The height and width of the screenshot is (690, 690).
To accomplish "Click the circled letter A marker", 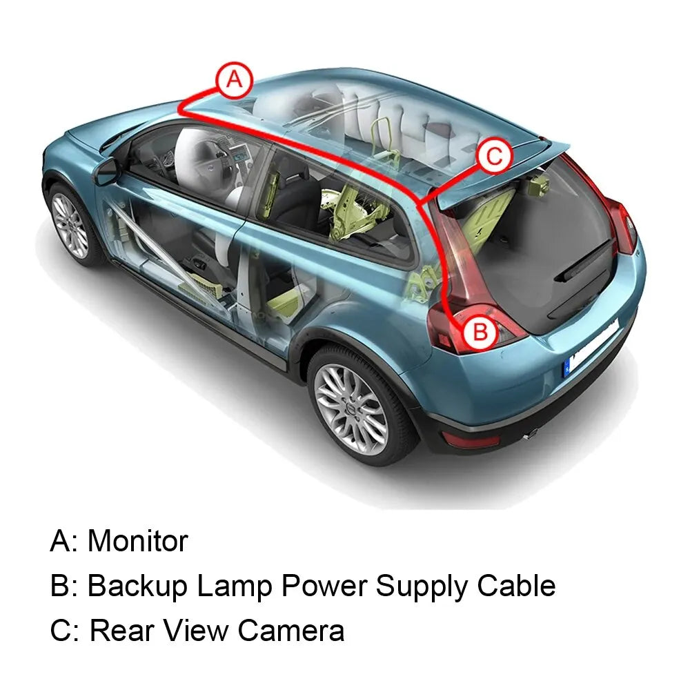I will pyautogui.click(x=235, y=81).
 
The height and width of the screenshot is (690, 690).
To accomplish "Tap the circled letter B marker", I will pyautogui.click(x=480, y=333).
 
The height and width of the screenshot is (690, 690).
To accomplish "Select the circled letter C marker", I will pyautogui.click(x=494, y=157).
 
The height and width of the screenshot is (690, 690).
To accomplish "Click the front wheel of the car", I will pyautogui.click(x=71, y=225).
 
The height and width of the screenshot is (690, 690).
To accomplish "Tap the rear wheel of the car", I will pyautogui.click(x=351, y=401).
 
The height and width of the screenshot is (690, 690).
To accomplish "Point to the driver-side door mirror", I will pyautogui.click(x=105, y=170).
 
